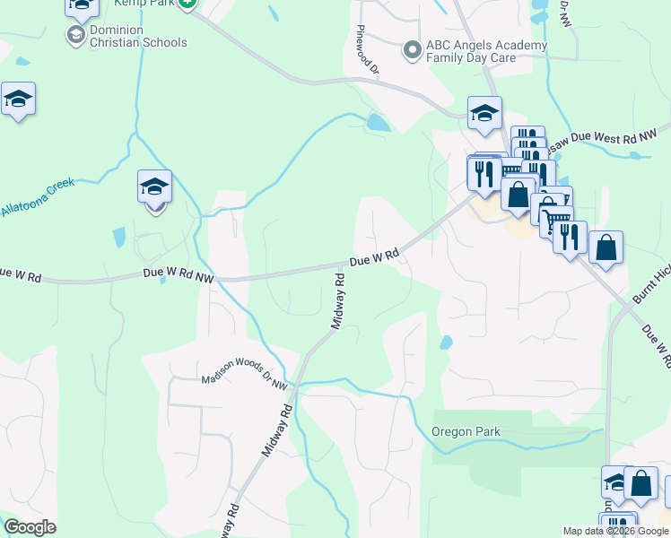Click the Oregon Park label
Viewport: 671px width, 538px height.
coord(466,431)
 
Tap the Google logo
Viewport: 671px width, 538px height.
coord(30,527)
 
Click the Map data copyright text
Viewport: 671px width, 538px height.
coord(615,531)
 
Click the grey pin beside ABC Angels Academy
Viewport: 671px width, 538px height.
coord(413,49)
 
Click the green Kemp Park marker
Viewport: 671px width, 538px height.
coord(187,4)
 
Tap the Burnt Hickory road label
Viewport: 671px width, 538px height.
coord(652,285)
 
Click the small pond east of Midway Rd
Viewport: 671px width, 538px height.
coord(446,342)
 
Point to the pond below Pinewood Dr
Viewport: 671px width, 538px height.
coord(378,123)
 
